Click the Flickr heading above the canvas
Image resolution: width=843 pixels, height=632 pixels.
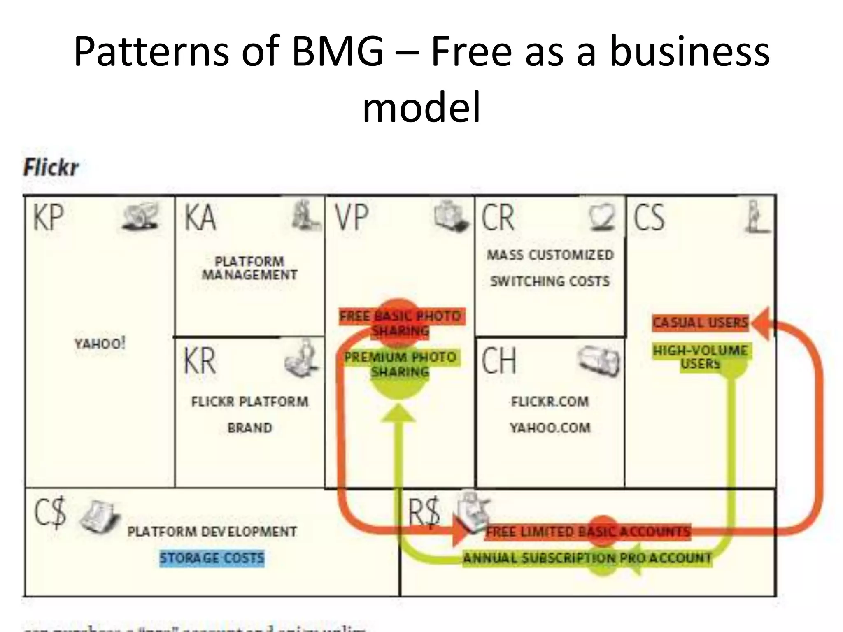(51, 167)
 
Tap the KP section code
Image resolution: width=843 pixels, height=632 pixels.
(49, 218)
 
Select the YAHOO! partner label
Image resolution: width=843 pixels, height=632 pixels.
(100, 343)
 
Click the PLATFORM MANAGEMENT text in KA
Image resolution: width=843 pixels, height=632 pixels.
(249, 268)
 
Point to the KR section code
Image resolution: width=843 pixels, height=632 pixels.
(200, 361)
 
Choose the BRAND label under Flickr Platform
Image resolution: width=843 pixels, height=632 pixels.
(250, 428)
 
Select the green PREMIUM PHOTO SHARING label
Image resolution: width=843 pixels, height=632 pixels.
(400, 364)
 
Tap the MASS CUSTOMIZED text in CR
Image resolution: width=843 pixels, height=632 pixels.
(550, 255)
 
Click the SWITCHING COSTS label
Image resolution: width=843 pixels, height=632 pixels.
(550, 281)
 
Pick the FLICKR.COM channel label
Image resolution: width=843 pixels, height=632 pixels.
(550, 402)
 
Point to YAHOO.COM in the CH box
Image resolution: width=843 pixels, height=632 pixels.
(550, 428)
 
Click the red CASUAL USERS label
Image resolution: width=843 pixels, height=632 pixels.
(700, 322)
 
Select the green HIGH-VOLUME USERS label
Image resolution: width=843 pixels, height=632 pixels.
(700, 357)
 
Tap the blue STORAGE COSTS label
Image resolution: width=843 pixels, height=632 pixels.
(212, 558)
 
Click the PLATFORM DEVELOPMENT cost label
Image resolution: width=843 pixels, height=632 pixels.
(212, 532)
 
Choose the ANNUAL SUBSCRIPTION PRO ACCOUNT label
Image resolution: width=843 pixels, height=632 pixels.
(587, 558)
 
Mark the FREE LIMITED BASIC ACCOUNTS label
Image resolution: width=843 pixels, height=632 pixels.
(588, 532)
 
